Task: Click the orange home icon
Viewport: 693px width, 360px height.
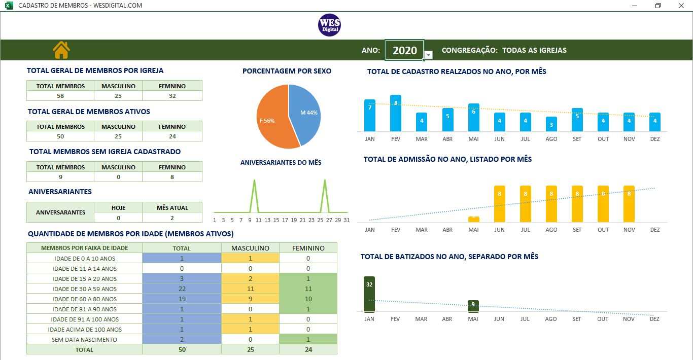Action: [61, 50]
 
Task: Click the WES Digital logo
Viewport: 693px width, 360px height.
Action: [329, 25]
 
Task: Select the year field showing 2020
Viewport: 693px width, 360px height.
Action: [404, 50]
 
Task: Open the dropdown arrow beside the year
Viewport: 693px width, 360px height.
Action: [429, 55]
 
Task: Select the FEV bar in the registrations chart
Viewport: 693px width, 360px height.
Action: [396, 113]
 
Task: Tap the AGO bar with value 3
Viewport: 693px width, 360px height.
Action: [551, 124]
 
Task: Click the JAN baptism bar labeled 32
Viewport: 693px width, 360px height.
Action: [369, 294]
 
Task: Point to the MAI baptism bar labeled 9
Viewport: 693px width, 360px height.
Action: [473, 306]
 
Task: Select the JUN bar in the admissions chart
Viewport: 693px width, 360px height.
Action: [499, 204]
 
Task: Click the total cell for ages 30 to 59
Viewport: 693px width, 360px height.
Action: [182, 289]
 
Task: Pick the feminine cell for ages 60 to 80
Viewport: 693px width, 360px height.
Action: [308, 299]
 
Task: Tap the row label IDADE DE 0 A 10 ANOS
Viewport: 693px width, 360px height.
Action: [85, 258]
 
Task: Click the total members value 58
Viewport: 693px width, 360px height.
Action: [60, 96]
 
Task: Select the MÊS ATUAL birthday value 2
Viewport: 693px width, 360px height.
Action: [172, 218]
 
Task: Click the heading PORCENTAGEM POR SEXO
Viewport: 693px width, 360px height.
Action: [287, 71]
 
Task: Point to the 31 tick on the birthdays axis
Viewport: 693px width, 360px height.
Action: [346, 220]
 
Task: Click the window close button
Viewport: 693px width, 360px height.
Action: [681, 6]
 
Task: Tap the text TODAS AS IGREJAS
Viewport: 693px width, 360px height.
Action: [534, 50]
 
